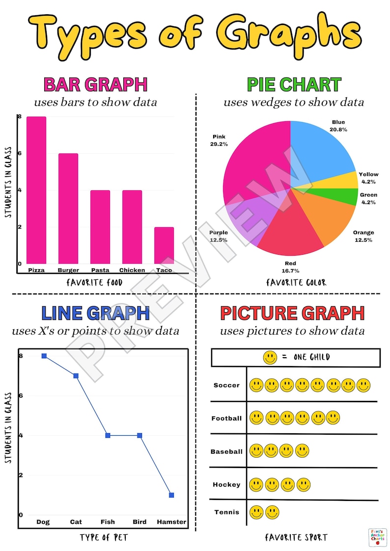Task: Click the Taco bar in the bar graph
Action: click(x=164, y=245)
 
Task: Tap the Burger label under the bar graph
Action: click(x=68, y=270)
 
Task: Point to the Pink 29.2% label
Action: click(x=219, y=141)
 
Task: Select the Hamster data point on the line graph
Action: click(x=171, y=495)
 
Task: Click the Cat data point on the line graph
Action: click(x=76, y=376)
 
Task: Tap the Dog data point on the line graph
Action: click(x=44, y=356)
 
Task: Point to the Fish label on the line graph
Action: click(x=108, y=522)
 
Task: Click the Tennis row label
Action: click(x=227, y=512)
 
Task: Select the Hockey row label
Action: click(x=226, y=484)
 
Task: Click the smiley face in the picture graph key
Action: click(x=270, y=358)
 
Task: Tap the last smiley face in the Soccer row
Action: click(x=363, y=385)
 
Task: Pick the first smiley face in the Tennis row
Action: click(x=256, y=513)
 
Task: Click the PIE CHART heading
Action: click(x=294, y=85)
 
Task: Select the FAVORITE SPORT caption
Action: click(x=297, y=538)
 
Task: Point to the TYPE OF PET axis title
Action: click(x=104, y=538)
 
